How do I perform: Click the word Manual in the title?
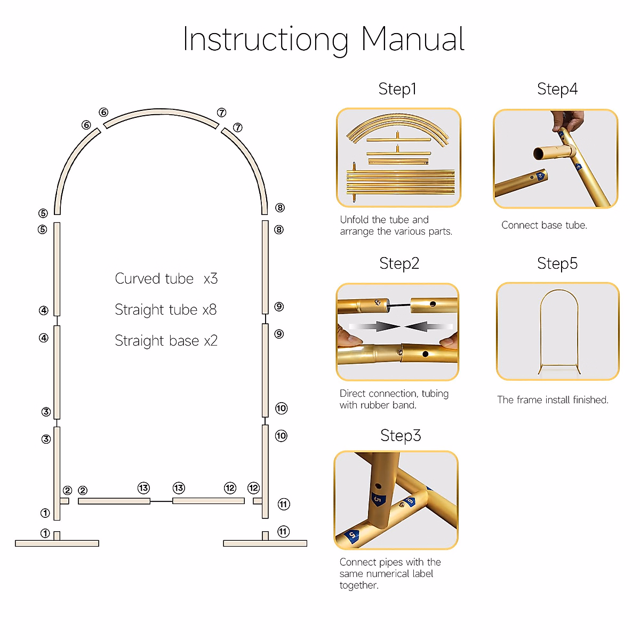[412, 39]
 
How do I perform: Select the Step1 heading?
[397, 89]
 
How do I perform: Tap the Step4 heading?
[557, 89]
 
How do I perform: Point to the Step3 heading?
[401, 436]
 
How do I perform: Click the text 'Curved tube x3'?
[166, 279]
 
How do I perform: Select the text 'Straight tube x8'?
[165, 310]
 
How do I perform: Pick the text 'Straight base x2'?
[166, 341]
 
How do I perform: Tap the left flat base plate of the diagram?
[57, 543]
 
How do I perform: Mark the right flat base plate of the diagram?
[265, 543]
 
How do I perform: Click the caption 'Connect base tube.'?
[544, 225]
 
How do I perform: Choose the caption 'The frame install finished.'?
[553, 400]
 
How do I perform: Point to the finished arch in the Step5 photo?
[558, 331]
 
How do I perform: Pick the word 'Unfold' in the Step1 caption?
[354, 220]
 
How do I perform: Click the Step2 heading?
[399, 263]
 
